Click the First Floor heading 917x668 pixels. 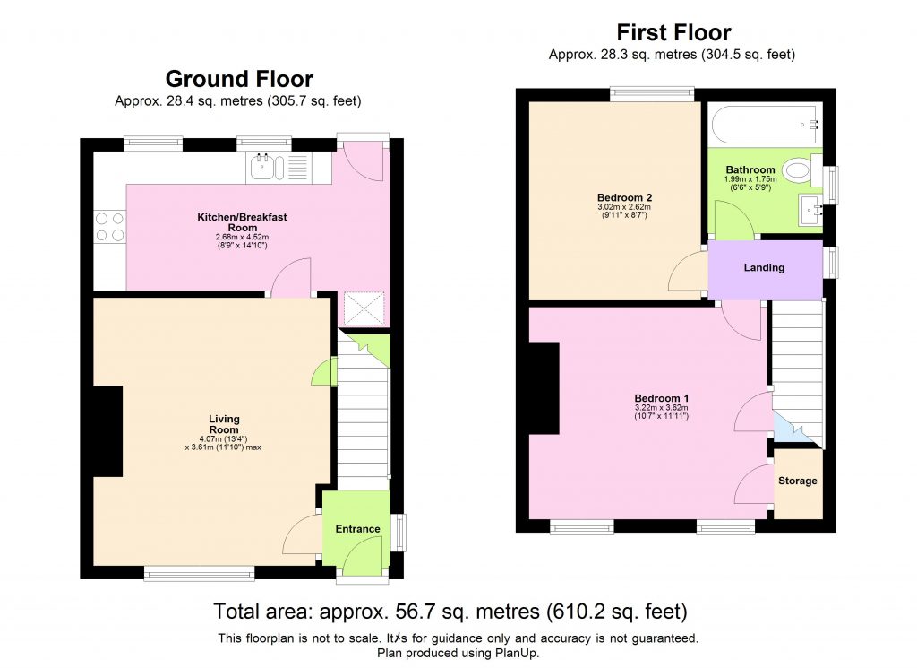click(x=673, y=34)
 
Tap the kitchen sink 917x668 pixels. click(x=264, y=165)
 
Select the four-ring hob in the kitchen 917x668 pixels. click(x=109, y=226)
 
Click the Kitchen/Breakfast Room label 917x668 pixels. click(x=242, y=222)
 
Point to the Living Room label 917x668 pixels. click(x=224, y=424)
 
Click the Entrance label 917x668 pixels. click(x=357, y=529)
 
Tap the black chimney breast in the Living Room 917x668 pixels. click(x=107, y=431)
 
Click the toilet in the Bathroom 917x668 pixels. click(x=796, y=169)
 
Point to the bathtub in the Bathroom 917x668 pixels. click(x=764, y=125)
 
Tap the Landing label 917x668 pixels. click(x=764, y=267)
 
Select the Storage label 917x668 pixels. click(x=797, y=481)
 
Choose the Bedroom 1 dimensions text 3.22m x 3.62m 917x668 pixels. click(x=661, y=408)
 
